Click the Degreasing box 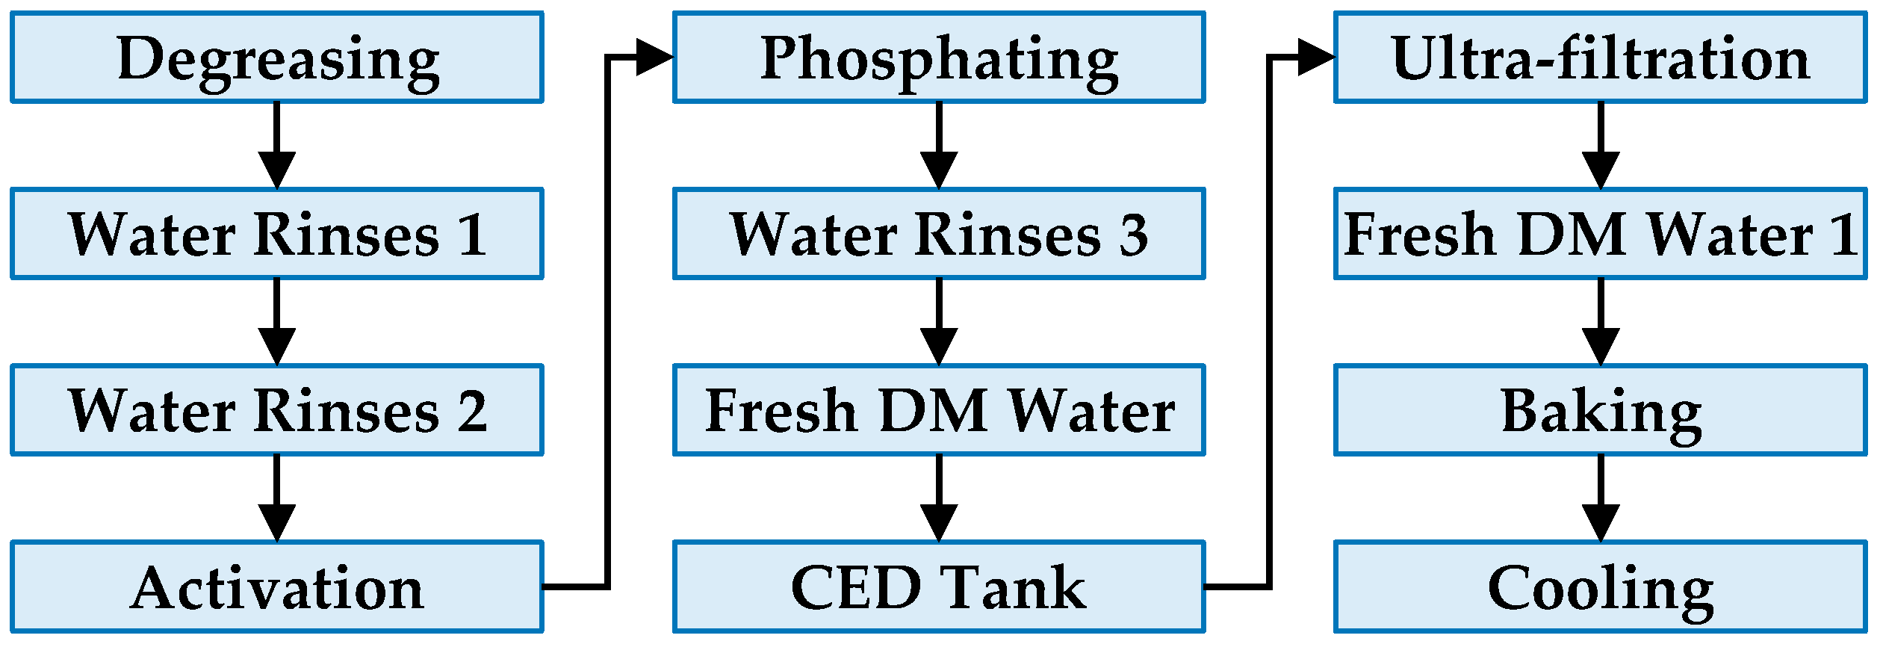tap(276, 58)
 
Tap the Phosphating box tap(938, 58)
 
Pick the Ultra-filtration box tap(1600, 58)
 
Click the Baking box tap(1600, 411)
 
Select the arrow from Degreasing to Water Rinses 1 tap(276, 146)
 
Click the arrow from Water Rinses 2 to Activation tap(276, 498)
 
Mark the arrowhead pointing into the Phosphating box tap(654, 58)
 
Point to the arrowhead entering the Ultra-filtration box tap(1315, 58)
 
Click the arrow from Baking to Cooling tap(1601, 498)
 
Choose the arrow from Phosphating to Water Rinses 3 tap(938, 146)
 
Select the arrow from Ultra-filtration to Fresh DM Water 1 tap(1601, 146)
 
